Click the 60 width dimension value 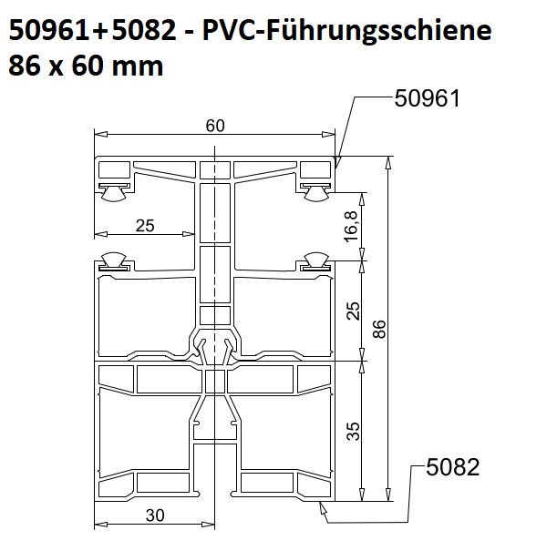(215, 126)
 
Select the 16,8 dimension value (351, 227)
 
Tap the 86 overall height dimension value (379, 329)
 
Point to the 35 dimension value (353, 431)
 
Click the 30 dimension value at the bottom (155, 515)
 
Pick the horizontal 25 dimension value (145, 226)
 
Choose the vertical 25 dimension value (353, 311)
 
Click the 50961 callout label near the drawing (427, 98)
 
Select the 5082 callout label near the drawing (453, 467)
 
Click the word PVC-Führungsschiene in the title (346, 30)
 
